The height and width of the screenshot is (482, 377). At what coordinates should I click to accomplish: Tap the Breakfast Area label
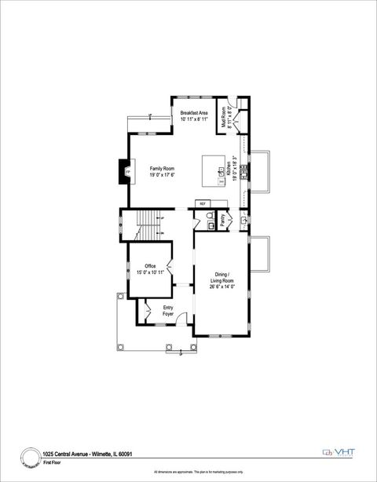click(194, 114)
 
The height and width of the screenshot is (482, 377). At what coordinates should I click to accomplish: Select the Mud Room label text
click(224, 116)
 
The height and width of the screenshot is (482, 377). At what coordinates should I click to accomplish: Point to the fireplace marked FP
click(127, 172)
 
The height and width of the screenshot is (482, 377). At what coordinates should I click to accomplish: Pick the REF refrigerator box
click(202, 203)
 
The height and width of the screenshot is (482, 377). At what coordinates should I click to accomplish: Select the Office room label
click(149, 266)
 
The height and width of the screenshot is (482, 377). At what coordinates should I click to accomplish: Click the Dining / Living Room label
click(222, 277)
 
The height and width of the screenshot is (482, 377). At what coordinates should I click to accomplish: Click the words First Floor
click(53, 463)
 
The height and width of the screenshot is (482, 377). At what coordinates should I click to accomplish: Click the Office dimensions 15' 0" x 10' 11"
click(149, 272)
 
